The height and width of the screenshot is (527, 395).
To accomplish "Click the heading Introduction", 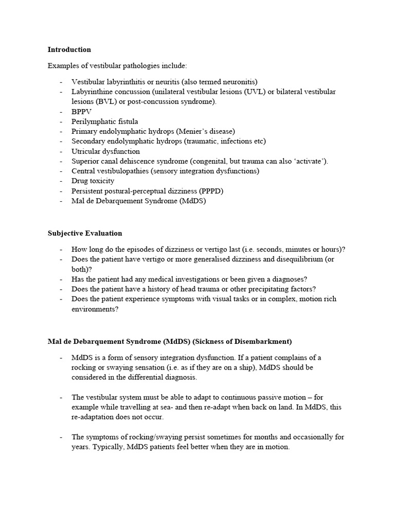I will pyautogui.click(x=69, y=50).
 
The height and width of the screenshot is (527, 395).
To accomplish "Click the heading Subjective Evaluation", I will pyautogui.click(x=85, y=233).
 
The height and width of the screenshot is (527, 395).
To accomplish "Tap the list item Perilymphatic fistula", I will pyautogui.click(x=105, y=121).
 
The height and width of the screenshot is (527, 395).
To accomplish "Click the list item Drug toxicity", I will pyautogui.click(x=93, y=181).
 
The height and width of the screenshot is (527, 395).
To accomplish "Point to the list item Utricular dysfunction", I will pyautogui.click(x=105, y=151).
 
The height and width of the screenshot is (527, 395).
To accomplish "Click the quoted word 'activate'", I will pyautogui.click(x=310, y=161).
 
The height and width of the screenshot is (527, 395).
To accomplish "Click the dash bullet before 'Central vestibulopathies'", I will pyautogui.click(x=61, y=171).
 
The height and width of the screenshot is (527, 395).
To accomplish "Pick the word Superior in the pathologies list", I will pyautogui.click(x=86, y=161).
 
